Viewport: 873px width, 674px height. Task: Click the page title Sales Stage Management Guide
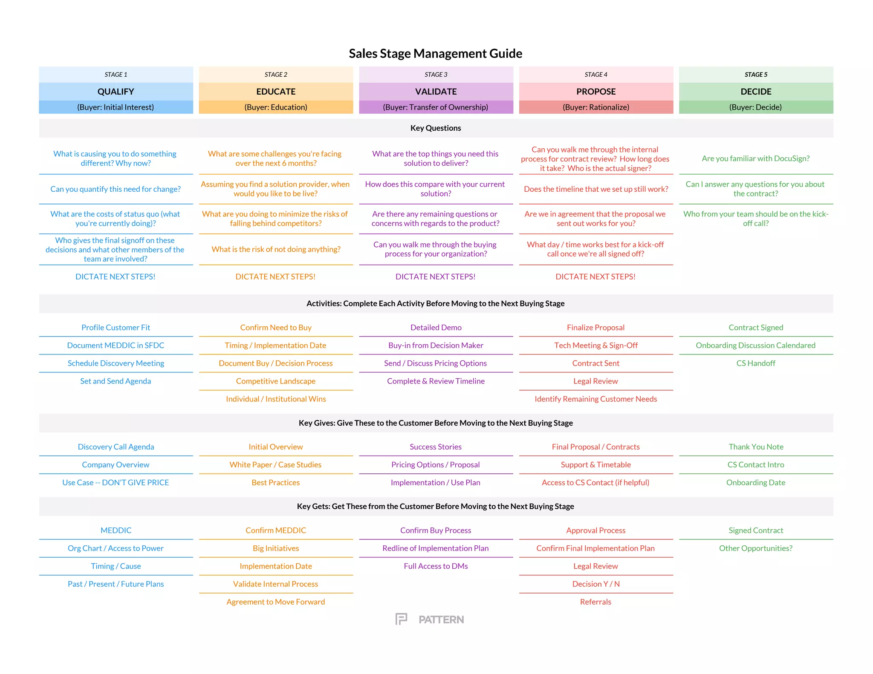click(435, 53)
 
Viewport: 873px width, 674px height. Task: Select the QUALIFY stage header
click(116, 92)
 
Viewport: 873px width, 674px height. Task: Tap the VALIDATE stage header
click(436, 92)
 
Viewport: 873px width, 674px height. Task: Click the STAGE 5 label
click(756, 75)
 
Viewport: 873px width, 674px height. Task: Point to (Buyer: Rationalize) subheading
click(595, 107)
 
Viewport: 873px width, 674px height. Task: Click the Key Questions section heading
click(435, 128)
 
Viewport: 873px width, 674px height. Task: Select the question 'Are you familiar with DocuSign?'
click(755, 158)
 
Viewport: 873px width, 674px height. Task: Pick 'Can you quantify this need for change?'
click(116, 189)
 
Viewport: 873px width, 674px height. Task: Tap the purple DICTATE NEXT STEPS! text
click(435, 277)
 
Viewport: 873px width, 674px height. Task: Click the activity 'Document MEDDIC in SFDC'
click(116, 346)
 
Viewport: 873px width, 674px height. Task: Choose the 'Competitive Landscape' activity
click(276, 381)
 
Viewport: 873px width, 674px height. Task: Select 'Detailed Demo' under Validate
click(436, 328)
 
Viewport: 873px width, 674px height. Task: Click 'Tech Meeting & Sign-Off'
click(595, 346)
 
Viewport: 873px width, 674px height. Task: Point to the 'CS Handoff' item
click(755, 363)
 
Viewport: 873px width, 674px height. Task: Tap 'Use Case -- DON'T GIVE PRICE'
click(116, 483)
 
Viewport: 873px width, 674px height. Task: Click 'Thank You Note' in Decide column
click(756, 447)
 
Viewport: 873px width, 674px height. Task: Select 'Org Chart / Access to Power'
click(116, 548)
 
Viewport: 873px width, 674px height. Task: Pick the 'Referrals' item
click(595, 602)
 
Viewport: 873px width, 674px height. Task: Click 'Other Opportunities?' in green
click(755, 548)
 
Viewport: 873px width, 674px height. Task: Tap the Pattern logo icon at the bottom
click(401, 619)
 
